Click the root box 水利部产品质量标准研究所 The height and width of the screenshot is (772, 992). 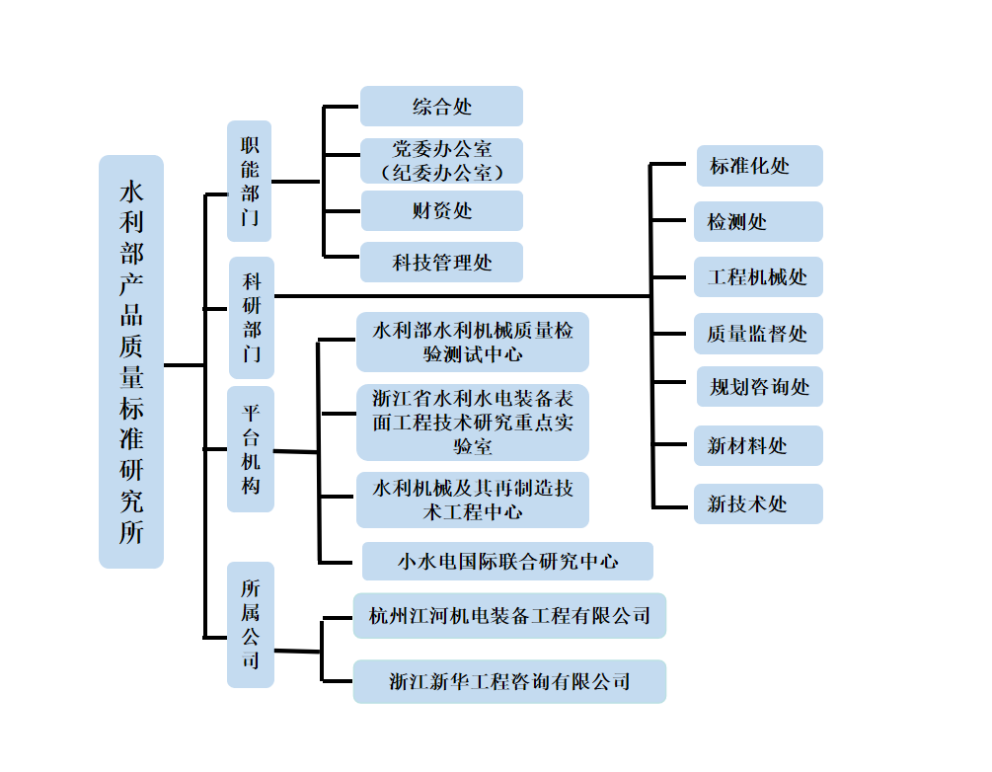pyautogui.click(x=131, y=361)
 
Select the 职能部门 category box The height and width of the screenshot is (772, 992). pyautogui.click(x=249, y=181)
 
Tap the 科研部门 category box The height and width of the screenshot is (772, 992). pyautogui.click(x=251, y=318)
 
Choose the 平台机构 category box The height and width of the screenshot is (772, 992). pyautogui.click(x=250, y=449)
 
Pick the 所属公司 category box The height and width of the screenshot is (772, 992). pyautogui.click(x=250, y=624)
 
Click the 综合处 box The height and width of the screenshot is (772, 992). pyautogui.click(x=441, y=107)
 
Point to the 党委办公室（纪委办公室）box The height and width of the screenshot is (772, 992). pyautogui.click(x=441, y=161)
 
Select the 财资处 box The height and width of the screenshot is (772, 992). pyautogui.click(x=441, y=211)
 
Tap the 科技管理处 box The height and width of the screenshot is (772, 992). pyautogui.click(x=441, y=263)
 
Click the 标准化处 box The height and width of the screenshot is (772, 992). pyautogui.click(x=758, y=166)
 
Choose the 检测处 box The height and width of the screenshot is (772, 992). pyautogui.click(x=758, y=222)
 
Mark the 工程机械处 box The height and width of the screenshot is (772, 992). pyautogui.click(x=758, y=277)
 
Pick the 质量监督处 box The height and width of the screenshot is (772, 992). pyautogui.click(x=758, y=335)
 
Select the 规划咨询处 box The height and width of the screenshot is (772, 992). pyautogui.click(x=758, y=387)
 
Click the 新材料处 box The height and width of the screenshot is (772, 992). pyautogui.click(x=758, y=446)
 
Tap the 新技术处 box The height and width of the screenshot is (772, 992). pyautogui.click(x=758, y=503)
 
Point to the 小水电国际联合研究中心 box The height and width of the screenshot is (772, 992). pyautogui.click(x=507, y=561)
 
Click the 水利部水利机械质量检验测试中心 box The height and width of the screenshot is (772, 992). pyautogui.click(x=473, y=342)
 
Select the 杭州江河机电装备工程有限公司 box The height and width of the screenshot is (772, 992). pyautogui.click(x=509, y=616)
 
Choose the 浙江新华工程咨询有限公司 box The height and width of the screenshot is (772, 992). pyautogui.click(x=509, y=681)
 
